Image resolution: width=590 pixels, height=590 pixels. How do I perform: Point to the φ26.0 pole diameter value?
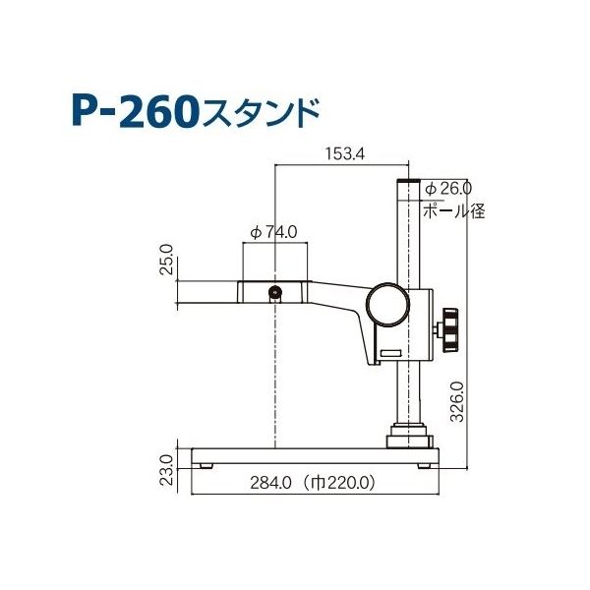point(448,188)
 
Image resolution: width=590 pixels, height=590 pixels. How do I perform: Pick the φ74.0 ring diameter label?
point(274,233)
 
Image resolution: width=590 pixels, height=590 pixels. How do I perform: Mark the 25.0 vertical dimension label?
point(166,262)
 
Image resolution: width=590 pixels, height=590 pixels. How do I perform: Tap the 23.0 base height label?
point(166,471)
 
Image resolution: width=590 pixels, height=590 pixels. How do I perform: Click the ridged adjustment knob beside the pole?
point(450,327)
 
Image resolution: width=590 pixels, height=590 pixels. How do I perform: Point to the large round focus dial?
point(387,306)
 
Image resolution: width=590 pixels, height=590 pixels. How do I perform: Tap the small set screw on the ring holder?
point(275,291)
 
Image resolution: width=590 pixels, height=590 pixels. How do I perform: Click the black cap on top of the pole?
point(409,182)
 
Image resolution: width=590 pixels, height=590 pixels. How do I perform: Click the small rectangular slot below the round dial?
point(390,351)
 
